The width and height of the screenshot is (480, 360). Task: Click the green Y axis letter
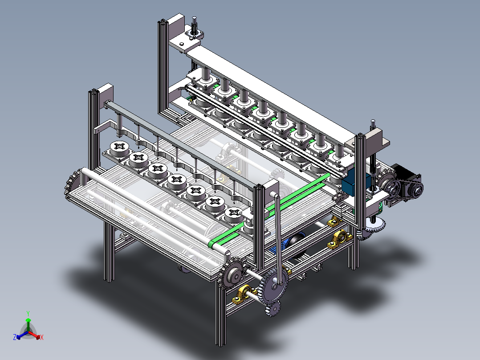click(x=28, y=313)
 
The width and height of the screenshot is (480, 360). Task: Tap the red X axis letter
click(x=42, y=337)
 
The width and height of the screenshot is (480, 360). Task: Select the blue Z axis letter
click(x=14, y=337)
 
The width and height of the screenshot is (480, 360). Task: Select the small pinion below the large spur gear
click(x=273, y=308)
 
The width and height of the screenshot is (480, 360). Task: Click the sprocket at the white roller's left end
click(x=72, y=182)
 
